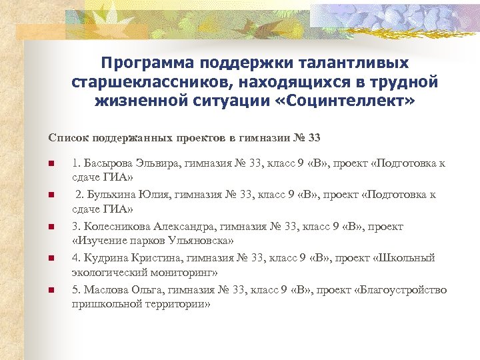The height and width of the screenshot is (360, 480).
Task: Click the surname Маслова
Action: tap(107, 290)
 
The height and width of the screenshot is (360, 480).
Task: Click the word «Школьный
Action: tap(409, 258)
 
